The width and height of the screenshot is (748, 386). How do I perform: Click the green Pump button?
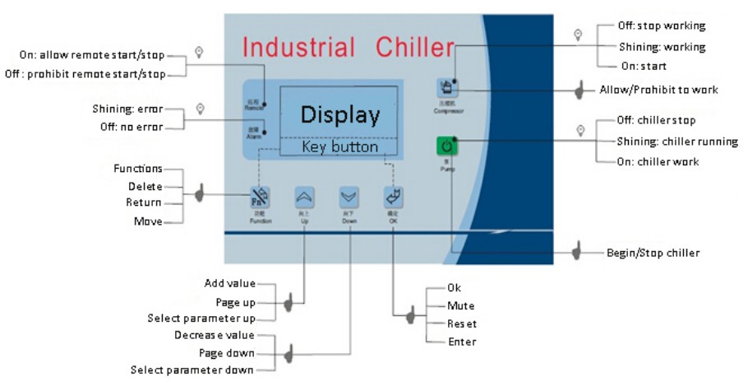click(x=446, y=147)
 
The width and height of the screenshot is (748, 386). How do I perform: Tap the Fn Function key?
click(x=258, y=197)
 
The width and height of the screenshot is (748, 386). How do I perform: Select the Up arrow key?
click(x=304, y=197)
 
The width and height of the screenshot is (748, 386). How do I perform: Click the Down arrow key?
click(x=349, y=197)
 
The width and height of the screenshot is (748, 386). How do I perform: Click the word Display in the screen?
click(x=339, y=114)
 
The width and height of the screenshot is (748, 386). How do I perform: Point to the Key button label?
click(x=339, y=147)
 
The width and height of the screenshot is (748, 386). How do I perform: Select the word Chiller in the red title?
click(x=415, y=47)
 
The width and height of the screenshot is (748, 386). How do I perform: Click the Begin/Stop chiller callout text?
click(x=653, y=253)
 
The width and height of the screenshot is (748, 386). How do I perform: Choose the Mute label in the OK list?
click(x=460, y=306)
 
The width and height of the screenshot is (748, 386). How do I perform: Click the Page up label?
click(x=235, y=302)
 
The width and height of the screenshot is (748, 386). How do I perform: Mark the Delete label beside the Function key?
click(x=145, y=186)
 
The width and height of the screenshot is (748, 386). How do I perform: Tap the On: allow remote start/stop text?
click(x=92, y=55)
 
